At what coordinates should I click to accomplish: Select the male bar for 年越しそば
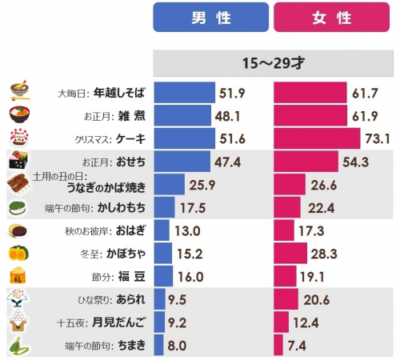(184, 93)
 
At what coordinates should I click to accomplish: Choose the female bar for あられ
(286, 301)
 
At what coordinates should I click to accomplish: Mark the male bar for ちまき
(158, 346)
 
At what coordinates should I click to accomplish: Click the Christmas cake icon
(19, 138)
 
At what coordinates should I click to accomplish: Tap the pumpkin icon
(18, 254)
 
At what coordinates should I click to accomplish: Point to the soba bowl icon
(19, 91)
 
